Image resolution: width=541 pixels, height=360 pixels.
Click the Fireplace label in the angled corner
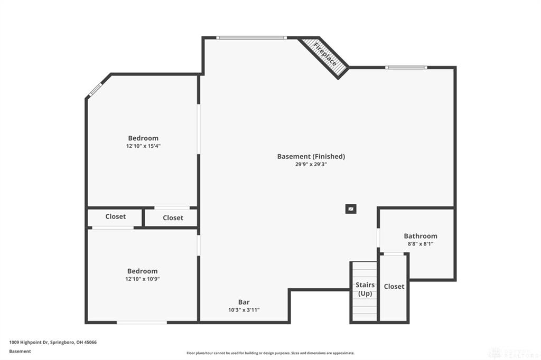(x=325, y=54)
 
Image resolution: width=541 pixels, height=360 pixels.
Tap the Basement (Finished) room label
(x=311, y=156)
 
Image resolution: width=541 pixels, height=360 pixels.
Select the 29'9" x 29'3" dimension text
(x=311, y=164)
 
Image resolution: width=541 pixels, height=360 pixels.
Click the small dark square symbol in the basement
(x=351, y=209)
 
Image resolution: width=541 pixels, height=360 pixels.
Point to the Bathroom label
(x=421, y=236)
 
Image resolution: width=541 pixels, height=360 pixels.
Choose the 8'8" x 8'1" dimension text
(x=421, y=244)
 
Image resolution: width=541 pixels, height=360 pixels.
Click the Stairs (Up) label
(x=365, y=289)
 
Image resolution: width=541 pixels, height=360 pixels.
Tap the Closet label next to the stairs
(x=394, y=286)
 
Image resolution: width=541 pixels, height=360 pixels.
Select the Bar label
(x=244, y=302)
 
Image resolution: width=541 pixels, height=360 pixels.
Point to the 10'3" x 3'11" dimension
(x=244, y=310)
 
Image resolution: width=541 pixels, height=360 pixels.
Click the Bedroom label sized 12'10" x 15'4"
(x=143, y=138)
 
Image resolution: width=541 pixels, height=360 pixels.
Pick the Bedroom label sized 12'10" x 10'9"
(x=142, y=271)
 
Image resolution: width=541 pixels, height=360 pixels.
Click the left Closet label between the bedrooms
(x=115, y=216)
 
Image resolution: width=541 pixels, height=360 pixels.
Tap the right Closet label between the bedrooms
(x=173, y=217)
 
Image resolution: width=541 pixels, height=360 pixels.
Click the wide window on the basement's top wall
(x=251, y=37)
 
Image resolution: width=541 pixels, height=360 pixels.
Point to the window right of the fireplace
(x=406, y=68)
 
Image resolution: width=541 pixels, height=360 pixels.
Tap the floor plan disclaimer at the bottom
(x=270, y=353)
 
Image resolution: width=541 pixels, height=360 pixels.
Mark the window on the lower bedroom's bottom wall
(x=142, y=322)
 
